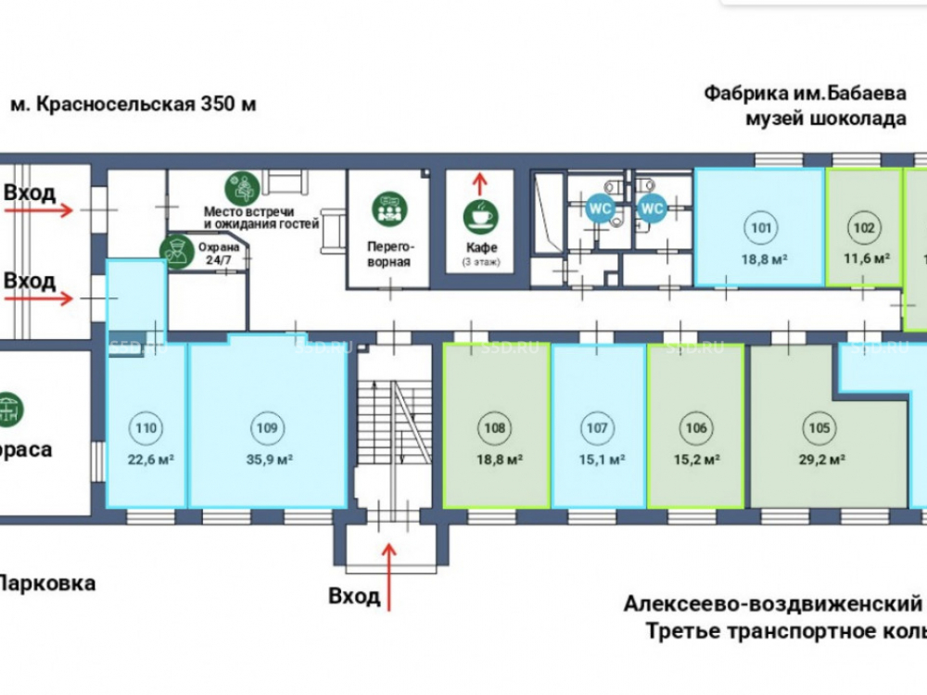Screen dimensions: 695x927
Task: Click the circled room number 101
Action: tap(760, 227)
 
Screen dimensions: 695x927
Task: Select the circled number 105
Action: tap(819, 427)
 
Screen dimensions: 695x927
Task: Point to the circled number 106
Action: tap(698, 427)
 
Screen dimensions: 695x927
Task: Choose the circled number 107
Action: tap(597, 427)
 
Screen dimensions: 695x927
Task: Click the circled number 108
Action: tap(495, 427)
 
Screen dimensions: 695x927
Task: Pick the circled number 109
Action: tap(266, 427)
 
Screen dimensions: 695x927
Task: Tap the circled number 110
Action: tap(145, 427)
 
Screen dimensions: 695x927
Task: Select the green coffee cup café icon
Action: tap(479, 215)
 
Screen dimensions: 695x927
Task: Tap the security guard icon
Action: tap(173, 250)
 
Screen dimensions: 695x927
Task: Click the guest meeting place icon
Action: tap(242, 189)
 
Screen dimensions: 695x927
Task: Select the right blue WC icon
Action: tap(652, 209)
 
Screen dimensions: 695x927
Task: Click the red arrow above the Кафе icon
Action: tap(479, 181)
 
